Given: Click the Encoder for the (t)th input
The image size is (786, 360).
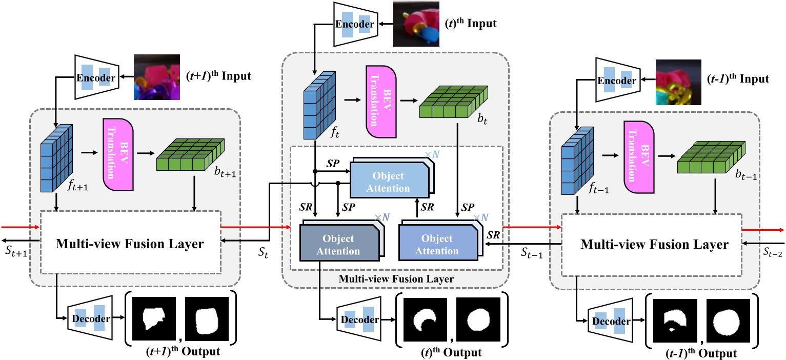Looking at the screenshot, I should click(x=355, y=24).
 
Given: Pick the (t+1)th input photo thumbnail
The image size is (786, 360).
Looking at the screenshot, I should click(x=157, y=77).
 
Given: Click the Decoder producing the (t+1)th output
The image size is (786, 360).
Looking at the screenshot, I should click(x=90, y=318).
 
